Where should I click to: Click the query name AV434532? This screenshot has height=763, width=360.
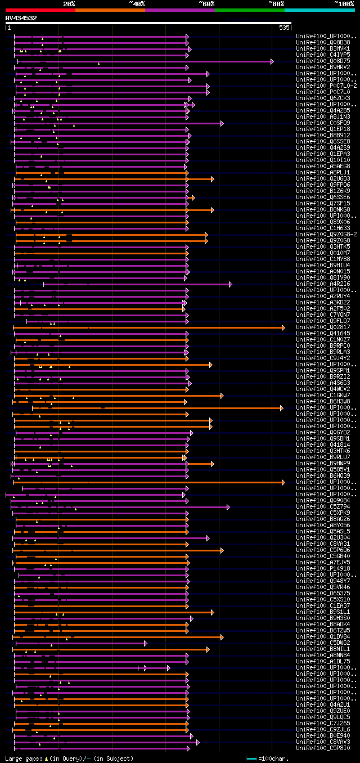[21, 18]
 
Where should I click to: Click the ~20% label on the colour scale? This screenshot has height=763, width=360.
[69, 3]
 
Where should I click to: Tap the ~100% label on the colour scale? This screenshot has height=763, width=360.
[344, 3]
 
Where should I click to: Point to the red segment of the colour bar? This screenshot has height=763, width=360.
[40, 10]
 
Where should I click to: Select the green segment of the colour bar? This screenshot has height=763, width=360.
[249, 10]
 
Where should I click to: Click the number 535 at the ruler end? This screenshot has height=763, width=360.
[283, 27]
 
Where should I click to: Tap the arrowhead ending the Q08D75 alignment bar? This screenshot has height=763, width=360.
[272, 61]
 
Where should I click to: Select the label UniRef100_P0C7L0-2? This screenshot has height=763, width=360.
[326, 86]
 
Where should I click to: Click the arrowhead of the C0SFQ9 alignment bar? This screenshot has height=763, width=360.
[222, 123]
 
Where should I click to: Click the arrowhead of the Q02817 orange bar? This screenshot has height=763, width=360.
[283, 327]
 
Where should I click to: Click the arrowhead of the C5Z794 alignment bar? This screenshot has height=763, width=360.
[228, 507]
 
